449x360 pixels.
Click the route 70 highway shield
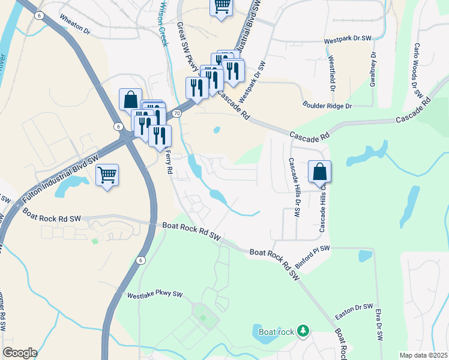(x=176, y=113)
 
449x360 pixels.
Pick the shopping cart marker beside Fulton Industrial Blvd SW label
(x=107, y=175)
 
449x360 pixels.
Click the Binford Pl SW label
(x=313, y=256)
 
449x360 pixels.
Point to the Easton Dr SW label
(x=354, y=307)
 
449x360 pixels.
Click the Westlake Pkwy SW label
(x=154, y=295)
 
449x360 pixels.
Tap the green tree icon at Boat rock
(x=304, y=331)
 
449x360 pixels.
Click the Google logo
(x=20, y=353)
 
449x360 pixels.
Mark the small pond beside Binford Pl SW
(x=365, y=256)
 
